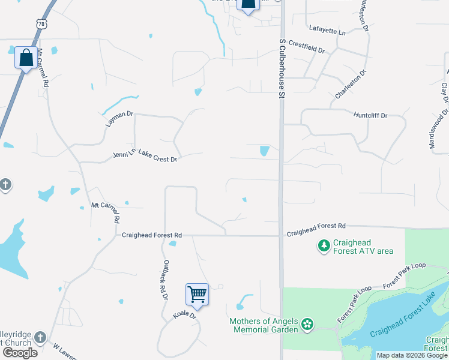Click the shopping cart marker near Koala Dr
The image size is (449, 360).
point(197,294)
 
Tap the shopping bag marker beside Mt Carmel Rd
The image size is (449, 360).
point(26,58)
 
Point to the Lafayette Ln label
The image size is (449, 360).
point(328,29)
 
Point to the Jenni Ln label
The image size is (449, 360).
point(124,155)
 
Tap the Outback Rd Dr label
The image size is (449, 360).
point(163,280)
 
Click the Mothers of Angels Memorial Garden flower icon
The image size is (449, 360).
point(307,325)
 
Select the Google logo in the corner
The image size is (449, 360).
point(20,352)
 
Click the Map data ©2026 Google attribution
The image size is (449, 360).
point(412,355)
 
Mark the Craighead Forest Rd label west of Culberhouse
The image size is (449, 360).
point(151,235)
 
